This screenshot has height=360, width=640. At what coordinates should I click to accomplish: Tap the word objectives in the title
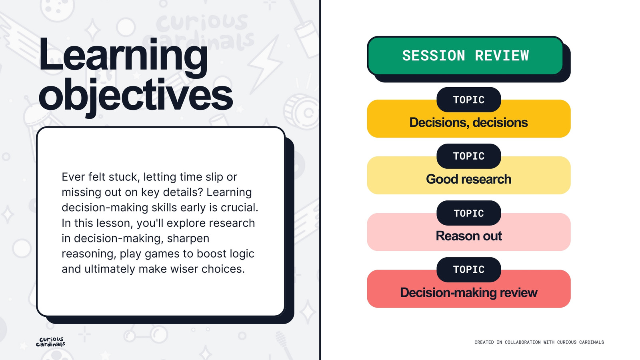point(136,96)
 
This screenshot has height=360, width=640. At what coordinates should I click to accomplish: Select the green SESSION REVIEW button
point(465,56)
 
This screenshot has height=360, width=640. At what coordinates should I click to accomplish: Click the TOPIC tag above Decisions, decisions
point(468,100)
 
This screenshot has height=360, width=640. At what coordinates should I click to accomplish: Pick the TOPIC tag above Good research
point(468,156)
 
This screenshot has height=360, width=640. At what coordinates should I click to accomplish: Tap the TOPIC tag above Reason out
point(468,213)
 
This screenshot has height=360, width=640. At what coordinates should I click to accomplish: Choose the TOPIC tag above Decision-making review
point(468,270)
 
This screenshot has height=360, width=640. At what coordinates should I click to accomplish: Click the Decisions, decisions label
point(468,122)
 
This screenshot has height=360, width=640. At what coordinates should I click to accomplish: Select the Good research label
point(468,179)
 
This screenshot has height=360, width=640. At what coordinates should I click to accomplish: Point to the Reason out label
point(468,236)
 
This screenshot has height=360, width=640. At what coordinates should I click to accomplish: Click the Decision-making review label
point(468,292)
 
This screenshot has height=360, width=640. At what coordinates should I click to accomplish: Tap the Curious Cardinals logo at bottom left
point(50,342)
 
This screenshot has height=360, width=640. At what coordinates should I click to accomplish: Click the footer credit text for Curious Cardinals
point(539,342)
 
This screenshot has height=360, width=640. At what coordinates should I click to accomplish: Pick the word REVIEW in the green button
point(502,56)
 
